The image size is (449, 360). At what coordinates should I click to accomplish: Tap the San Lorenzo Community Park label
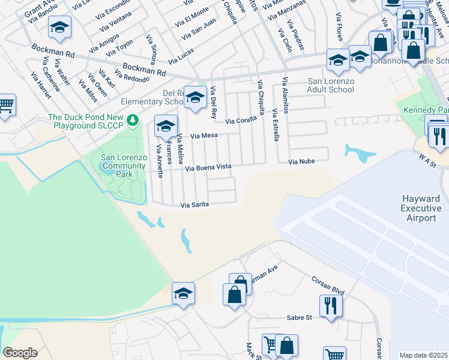click(124, 166)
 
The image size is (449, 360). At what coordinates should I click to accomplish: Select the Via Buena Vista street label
click(208, 167)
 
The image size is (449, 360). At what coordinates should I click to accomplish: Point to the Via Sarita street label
click(195, 205)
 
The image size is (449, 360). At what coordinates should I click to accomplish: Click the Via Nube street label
click(301, 161)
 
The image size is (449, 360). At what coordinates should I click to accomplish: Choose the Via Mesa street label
click(204, 136)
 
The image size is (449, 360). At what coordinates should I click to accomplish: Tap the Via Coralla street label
click(241, 120)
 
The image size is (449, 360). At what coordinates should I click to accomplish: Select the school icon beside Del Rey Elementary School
click(194, 98)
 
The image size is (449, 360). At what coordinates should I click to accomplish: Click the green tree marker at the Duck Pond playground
click(138, 118)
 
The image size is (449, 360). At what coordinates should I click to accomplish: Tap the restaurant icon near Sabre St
click(331, 306)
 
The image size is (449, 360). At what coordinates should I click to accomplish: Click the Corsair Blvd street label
click(327, 286)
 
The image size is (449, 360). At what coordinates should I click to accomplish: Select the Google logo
click(20, 352)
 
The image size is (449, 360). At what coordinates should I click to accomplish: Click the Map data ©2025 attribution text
click(423, 355)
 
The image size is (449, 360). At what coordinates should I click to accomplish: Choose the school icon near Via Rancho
click(59, 27)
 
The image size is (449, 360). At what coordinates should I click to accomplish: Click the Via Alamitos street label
click(285, 100)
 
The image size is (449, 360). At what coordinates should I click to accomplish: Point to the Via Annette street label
click(159, 161)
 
